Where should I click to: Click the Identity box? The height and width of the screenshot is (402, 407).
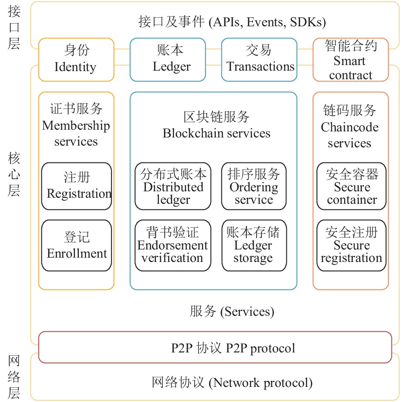tap(76, 60)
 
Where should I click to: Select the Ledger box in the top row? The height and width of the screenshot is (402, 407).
tap(168, 60)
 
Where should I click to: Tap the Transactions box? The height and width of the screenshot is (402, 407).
tap(259, 60)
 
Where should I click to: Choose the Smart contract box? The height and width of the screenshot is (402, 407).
tap(351, 60)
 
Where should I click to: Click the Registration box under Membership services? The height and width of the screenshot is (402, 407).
tap(77, 186)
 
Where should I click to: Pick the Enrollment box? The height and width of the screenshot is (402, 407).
tap(77, 246)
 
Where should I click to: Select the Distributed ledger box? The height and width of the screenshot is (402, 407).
tap(173, 186)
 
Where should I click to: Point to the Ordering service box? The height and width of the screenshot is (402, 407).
tap(254, 186)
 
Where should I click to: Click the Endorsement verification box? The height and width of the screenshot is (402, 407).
tap(173, 246)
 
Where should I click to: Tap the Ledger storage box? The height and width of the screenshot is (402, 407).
tap(254, 246)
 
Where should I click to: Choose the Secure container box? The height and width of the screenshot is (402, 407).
tap(351, 186)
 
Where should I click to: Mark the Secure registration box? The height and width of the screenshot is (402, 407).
tap(351, 246)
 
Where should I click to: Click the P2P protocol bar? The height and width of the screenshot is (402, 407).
tap(215, 347)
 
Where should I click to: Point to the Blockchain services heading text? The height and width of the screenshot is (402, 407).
tap(217, 125)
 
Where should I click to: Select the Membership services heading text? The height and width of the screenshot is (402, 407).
tap(76, 125)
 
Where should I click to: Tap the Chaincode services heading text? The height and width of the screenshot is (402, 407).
tap(350, 126)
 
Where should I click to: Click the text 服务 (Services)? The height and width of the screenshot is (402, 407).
tap(232, 312)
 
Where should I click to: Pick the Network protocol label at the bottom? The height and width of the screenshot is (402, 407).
tap(232, 383)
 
